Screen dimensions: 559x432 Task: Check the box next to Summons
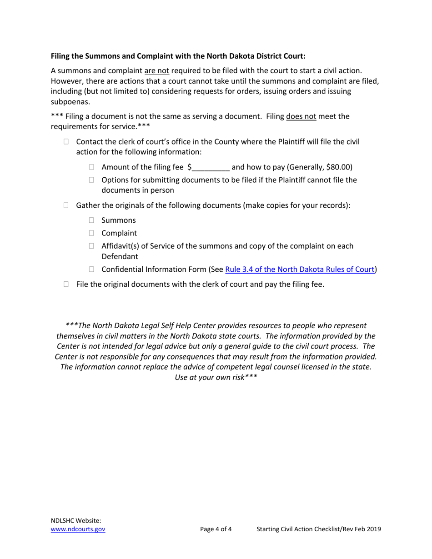[x=91, y=220]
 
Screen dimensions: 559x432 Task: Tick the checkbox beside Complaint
[x=91, y=233]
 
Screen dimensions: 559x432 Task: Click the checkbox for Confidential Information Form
[x=91, y=269]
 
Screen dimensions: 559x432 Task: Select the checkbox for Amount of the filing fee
[x=91, y=167]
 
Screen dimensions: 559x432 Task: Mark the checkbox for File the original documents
[x=66, y=284]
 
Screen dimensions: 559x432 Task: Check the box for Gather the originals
[x=66, y=205]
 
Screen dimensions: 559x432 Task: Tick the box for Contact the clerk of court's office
[x=66, y=142]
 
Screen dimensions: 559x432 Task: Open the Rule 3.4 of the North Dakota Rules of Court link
[x=300, y=269]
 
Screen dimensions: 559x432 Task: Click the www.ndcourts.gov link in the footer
[x=78, y=529]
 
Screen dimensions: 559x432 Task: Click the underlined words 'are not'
[x=156, y=71]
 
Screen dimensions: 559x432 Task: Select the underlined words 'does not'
[x=301, y=116]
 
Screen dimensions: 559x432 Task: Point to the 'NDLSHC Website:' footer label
[x=76, y=521]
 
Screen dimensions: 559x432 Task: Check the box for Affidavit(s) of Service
[x=91, y=246]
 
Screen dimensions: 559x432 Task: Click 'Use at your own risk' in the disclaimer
[x=216, y=378]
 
